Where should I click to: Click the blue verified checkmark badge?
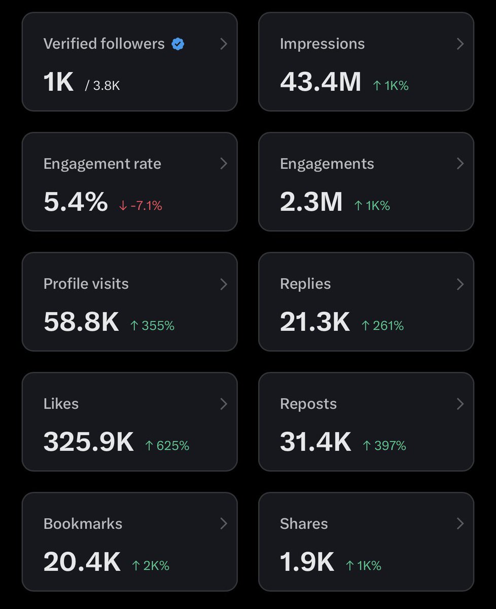(x=178, y=44)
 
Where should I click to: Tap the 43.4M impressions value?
(x=321, y=82)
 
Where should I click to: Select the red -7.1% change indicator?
(x=140, y=206)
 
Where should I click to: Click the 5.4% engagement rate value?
(x=76, y=202)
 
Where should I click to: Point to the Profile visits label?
(x=86, y=284)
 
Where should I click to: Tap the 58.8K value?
(x=81, y=322)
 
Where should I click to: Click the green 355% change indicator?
(x=152, y=326)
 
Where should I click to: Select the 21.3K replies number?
(x=315, y=322)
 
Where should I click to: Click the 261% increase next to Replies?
(x=382, y=326)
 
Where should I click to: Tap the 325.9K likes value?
(x=89, y=442)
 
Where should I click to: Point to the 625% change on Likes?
(x=167, y=446)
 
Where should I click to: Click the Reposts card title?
(x=308, y=404)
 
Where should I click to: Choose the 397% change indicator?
(x=384, y=446)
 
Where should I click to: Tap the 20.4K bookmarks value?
(x=82, y=562)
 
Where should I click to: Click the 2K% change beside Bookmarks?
(x=150, y=565)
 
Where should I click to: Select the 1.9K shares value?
(x=307, y=562)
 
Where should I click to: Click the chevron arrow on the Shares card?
(x=460, y=523)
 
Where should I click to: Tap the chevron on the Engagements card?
(x=460, y=163)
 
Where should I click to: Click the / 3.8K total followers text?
(x=102, y=86)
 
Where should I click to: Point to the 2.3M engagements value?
(x=311, y=202)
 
